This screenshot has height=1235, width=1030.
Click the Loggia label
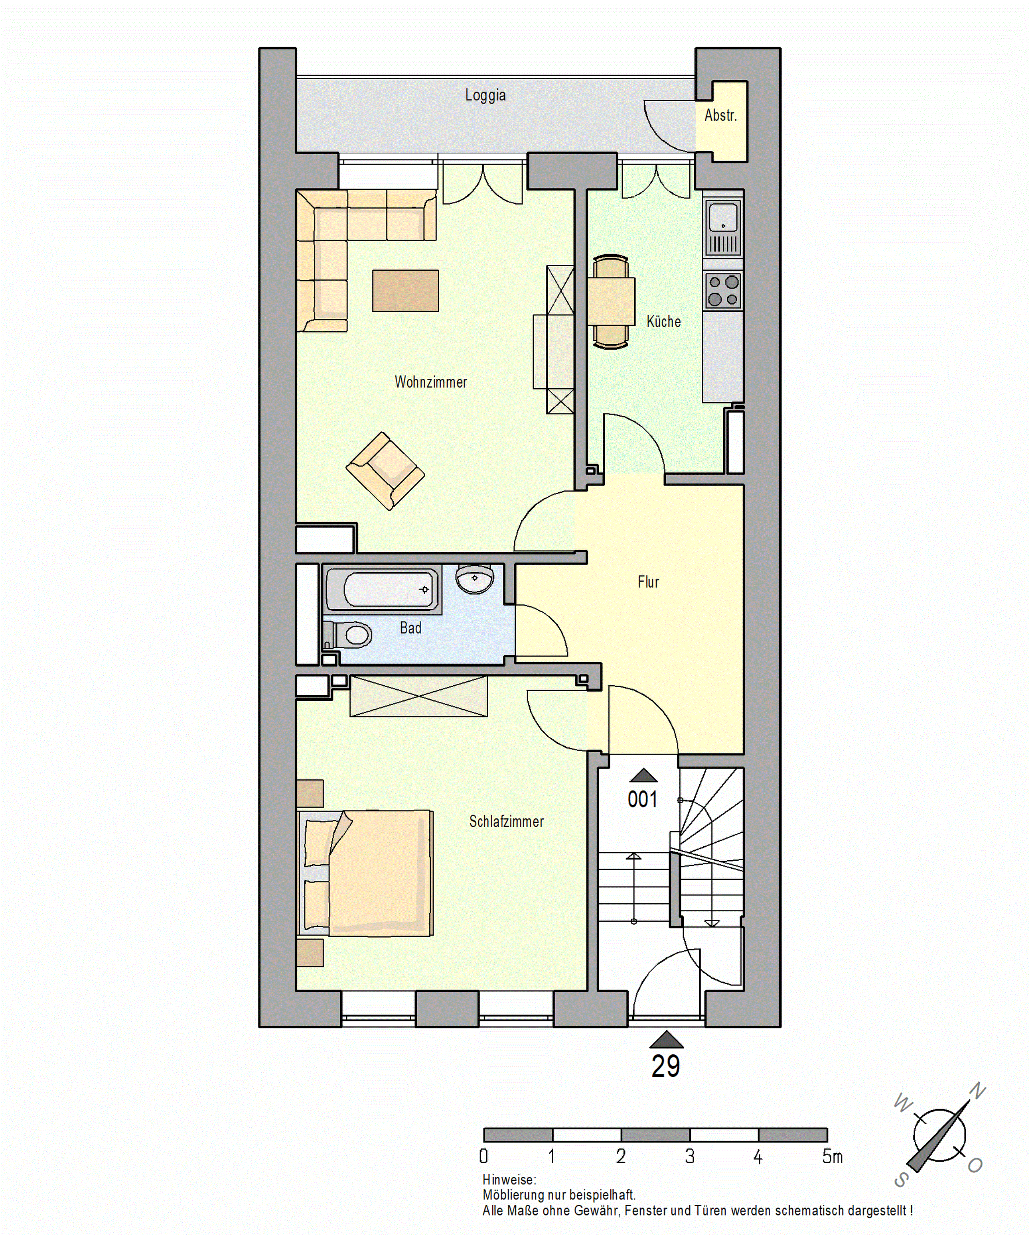(x=485, y=95)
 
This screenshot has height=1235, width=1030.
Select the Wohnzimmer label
(x=431, y=382)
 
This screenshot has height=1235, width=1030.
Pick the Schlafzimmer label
(x=506, y=822)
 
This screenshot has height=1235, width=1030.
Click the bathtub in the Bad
(x=383, y=589)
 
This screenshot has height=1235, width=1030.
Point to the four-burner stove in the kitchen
(x=723, y=291)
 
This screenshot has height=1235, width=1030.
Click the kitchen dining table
(x=611, y=302)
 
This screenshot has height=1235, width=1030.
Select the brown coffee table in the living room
(x=406, y=291)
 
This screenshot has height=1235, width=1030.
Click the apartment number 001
(x=642, y=799)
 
